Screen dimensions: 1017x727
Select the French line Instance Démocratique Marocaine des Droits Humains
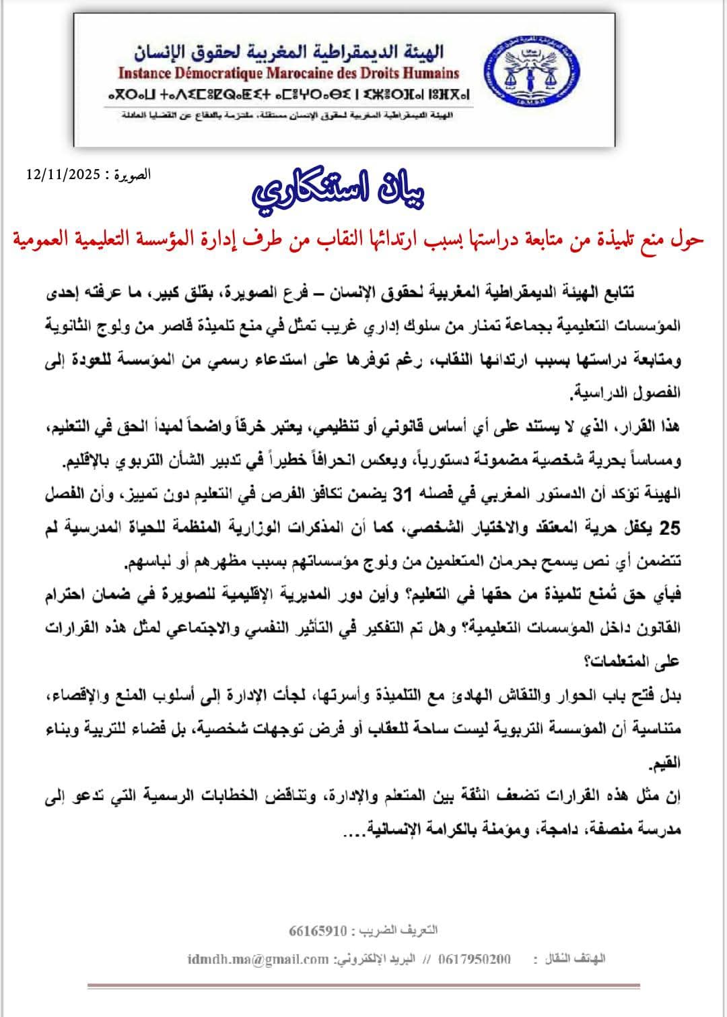coord(289,73)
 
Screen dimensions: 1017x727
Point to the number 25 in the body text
coord(669,529)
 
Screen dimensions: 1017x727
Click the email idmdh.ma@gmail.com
coord(258,959)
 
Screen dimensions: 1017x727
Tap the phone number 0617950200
coord(474,959)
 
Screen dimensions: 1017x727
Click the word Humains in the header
coord(429,73)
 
